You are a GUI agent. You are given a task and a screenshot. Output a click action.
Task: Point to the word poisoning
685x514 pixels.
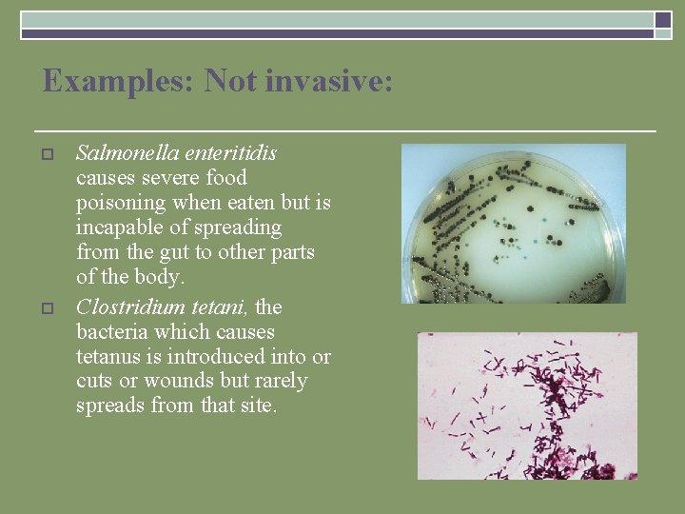[121, 203]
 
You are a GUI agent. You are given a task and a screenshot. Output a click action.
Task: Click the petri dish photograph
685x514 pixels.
[514, 224]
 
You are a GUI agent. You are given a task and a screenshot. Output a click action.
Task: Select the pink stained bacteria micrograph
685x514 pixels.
[527, 405]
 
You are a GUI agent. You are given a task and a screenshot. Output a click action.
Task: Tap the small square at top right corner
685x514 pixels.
[663, 19]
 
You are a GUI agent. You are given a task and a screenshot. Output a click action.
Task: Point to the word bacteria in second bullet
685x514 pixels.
[114, 331]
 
